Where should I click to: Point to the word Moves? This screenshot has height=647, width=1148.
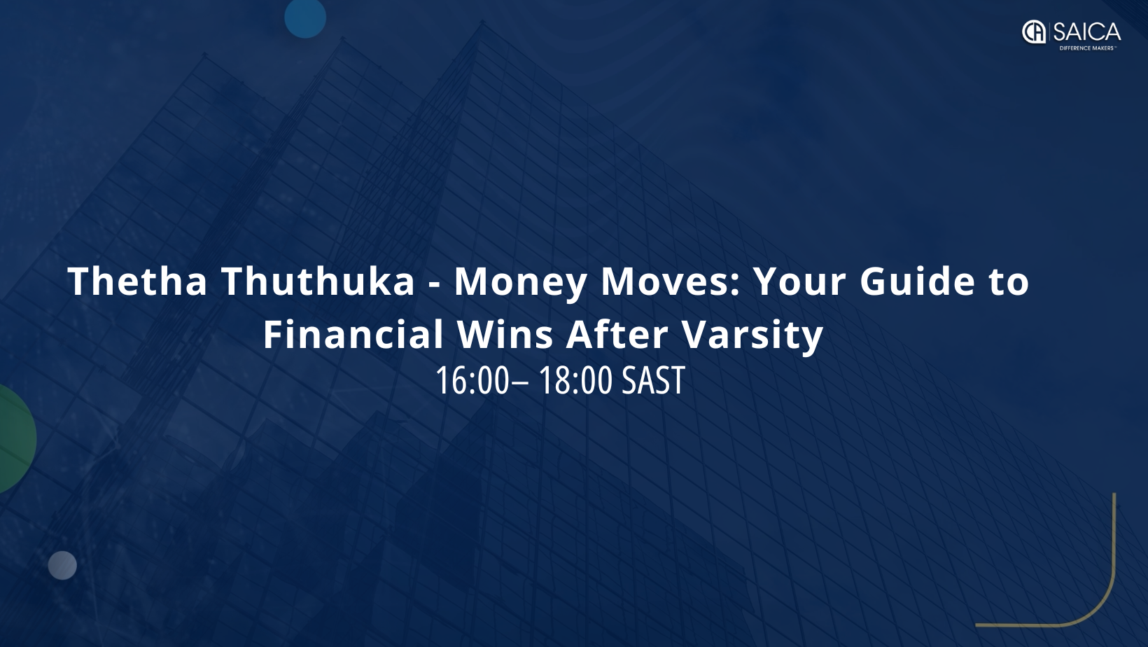click(671, 281)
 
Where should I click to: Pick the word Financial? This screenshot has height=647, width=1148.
click(353, 334)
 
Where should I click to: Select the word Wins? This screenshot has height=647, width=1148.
click(505, 334)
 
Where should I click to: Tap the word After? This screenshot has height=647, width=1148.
click(617, 334)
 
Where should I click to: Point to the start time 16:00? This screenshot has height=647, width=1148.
click(472, 381)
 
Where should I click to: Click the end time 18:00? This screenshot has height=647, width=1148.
click(576, 381)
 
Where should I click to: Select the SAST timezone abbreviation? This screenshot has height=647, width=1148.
click(653, 381)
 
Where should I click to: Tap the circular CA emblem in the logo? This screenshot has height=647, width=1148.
click(1034, 32)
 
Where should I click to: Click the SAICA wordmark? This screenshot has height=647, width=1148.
click(1087, 33)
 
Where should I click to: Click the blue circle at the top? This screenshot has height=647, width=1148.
click(305, 18)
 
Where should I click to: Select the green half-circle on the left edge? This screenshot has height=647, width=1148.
click(16, 439)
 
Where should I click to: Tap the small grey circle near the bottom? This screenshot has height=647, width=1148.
click(62, 566)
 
